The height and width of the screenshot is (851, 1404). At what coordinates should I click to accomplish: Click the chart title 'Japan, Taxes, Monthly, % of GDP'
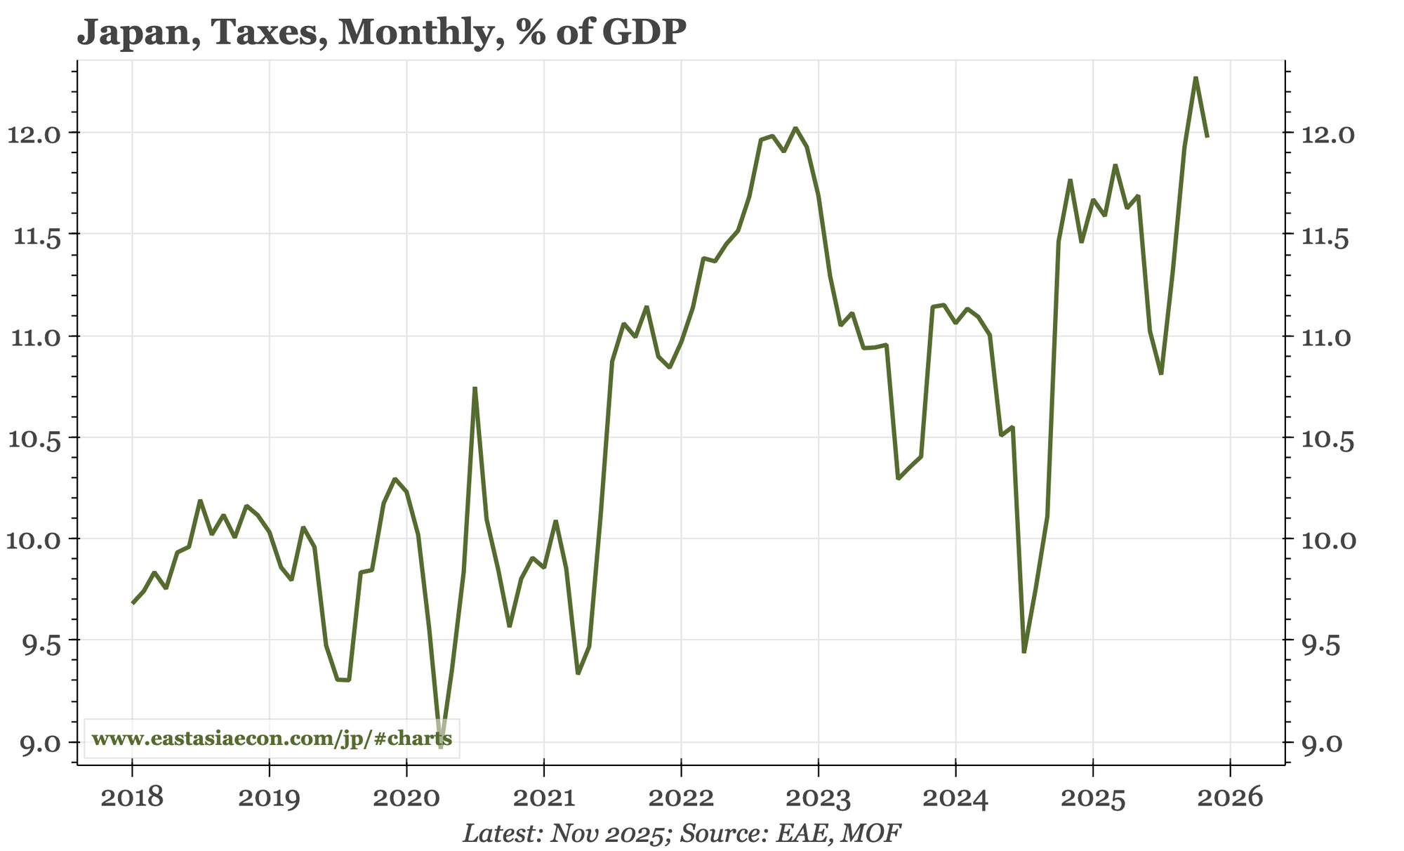[381, 33]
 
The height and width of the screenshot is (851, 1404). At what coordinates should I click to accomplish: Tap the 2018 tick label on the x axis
[132, 798]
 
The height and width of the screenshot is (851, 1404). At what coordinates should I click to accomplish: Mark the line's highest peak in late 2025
[1196, 78]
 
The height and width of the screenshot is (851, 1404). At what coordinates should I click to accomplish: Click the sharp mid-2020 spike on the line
[475, 388]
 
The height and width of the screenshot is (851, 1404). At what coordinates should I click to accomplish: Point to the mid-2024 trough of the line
[1024, 652]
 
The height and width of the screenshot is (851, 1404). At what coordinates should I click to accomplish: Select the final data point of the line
[1207, 136]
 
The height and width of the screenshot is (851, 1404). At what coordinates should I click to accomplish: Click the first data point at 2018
[132, 602]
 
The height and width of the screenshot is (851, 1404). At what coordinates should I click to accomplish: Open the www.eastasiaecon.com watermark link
[272, 739]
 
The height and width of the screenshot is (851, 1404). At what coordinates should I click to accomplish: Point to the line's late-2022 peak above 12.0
[795, 128]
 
